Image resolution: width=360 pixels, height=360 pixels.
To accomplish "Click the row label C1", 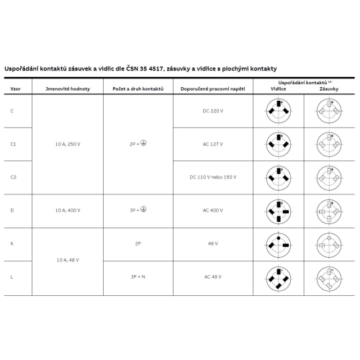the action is [13, 144].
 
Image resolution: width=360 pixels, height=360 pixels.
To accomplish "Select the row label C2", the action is [13, 176].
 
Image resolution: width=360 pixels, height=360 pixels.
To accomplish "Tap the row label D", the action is [12, 210].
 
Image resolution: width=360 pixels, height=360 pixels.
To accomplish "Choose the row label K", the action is [12, 243].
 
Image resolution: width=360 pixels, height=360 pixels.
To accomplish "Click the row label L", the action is [12, 276].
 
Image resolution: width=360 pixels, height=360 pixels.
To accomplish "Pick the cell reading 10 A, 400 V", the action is [68, 210].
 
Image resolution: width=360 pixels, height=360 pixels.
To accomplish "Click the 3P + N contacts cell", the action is [139, 276].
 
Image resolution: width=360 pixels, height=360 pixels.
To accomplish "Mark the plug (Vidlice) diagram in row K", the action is [279, 243].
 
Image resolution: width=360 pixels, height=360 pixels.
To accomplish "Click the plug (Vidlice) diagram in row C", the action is [279, 111].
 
